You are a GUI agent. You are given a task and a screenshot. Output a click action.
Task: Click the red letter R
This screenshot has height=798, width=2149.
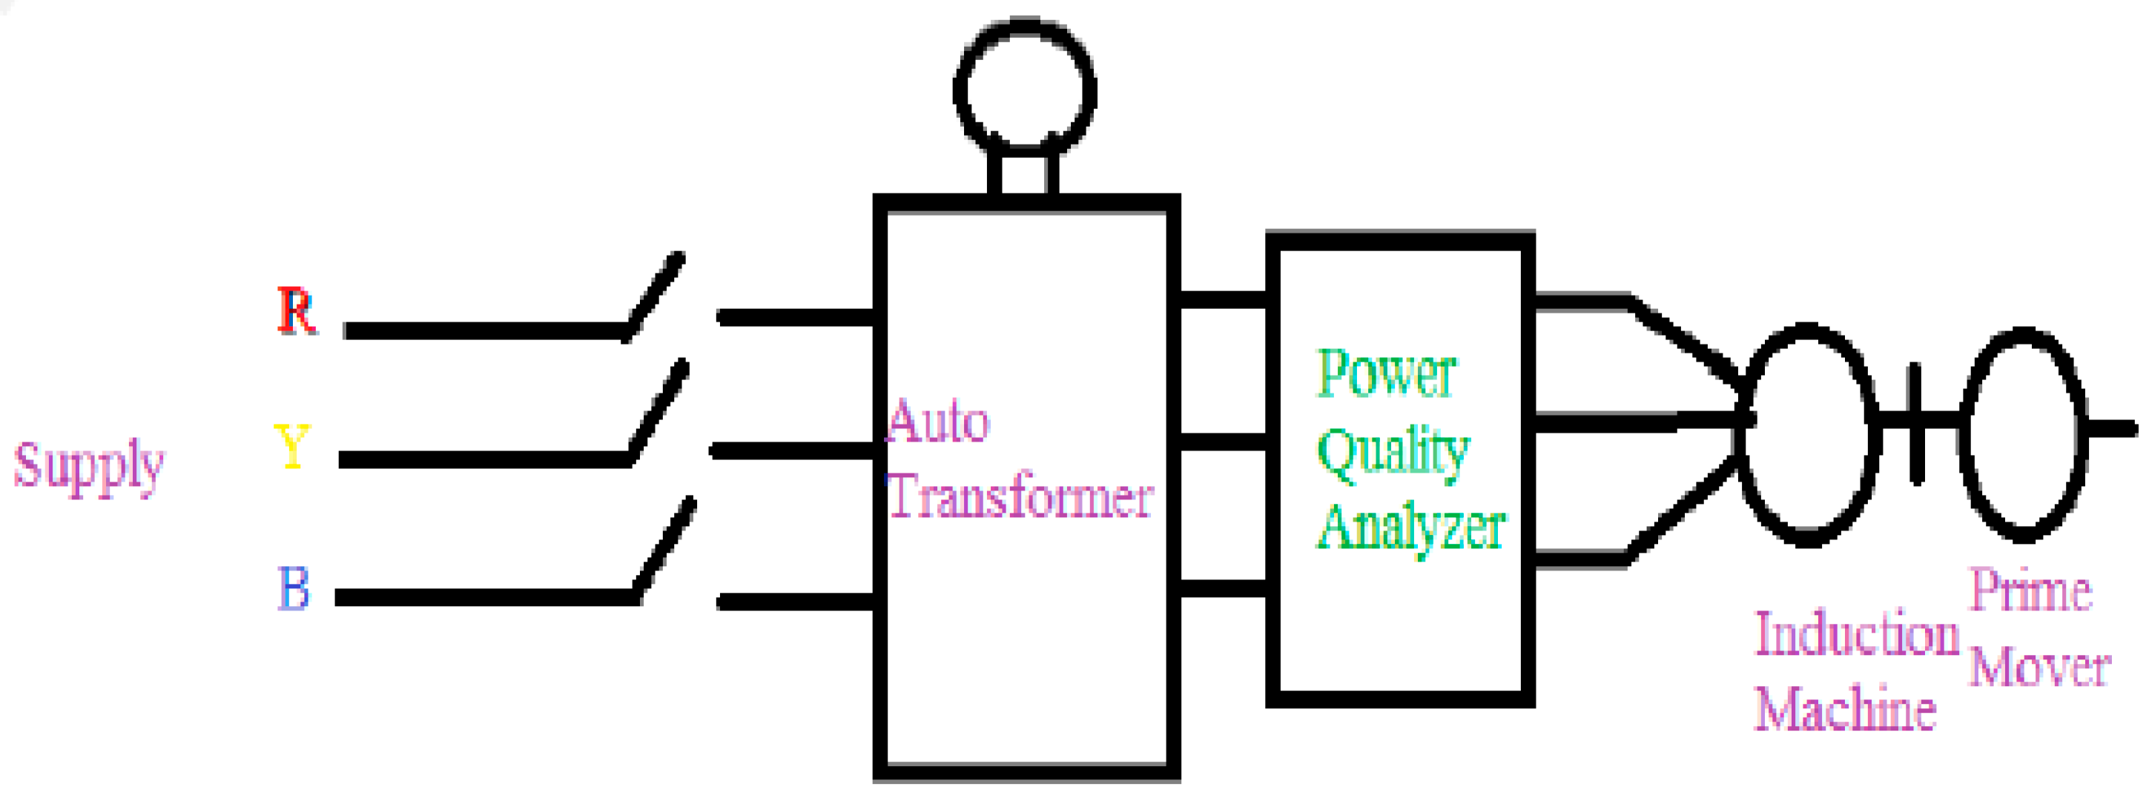tap(296, 311)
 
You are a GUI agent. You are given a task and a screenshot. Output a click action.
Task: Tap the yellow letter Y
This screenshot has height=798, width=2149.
tap(291, 446)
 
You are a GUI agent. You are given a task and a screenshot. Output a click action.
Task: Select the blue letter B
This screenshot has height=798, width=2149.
tap(293, 588)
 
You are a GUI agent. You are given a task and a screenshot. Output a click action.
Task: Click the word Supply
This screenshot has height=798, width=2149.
tap(88, 466)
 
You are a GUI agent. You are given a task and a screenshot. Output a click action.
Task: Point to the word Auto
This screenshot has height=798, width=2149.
tap(937, 421)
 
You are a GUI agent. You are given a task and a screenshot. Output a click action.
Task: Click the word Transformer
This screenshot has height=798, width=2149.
tap(1020, 497)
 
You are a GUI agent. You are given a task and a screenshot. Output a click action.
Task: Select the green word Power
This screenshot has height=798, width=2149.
tap(1386, 374)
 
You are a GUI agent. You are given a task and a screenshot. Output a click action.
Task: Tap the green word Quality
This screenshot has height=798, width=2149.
tap(1393, 452)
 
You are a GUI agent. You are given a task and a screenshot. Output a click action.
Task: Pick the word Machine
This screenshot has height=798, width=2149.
tap(1844, 710)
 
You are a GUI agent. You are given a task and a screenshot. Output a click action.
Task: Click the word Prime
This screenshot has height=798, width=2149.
tap(2030, 591)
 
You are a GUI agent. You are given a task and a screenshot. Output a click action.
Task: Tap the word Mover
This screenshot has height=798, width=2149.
tap(2040, 667)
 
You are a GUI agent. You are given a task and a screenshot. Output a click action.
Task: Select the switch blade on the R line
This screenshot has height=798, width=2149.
tap(655, 296)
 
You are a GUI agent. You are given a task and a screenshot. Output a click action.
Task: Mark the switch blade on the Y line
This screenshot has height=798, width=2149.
tap(659, 411)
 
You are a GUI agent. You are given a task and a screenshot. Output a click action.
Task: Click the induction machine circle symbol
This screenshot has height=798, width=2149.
tap(1807, 433)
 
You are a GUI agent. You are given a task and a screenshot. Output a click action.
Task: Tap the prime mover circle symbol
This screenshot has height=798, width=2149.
tap(2024, 433)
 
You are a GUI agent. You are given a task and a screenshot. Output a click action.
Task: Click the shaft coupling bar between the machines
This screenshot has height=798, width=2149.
tap(1916, 424)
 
